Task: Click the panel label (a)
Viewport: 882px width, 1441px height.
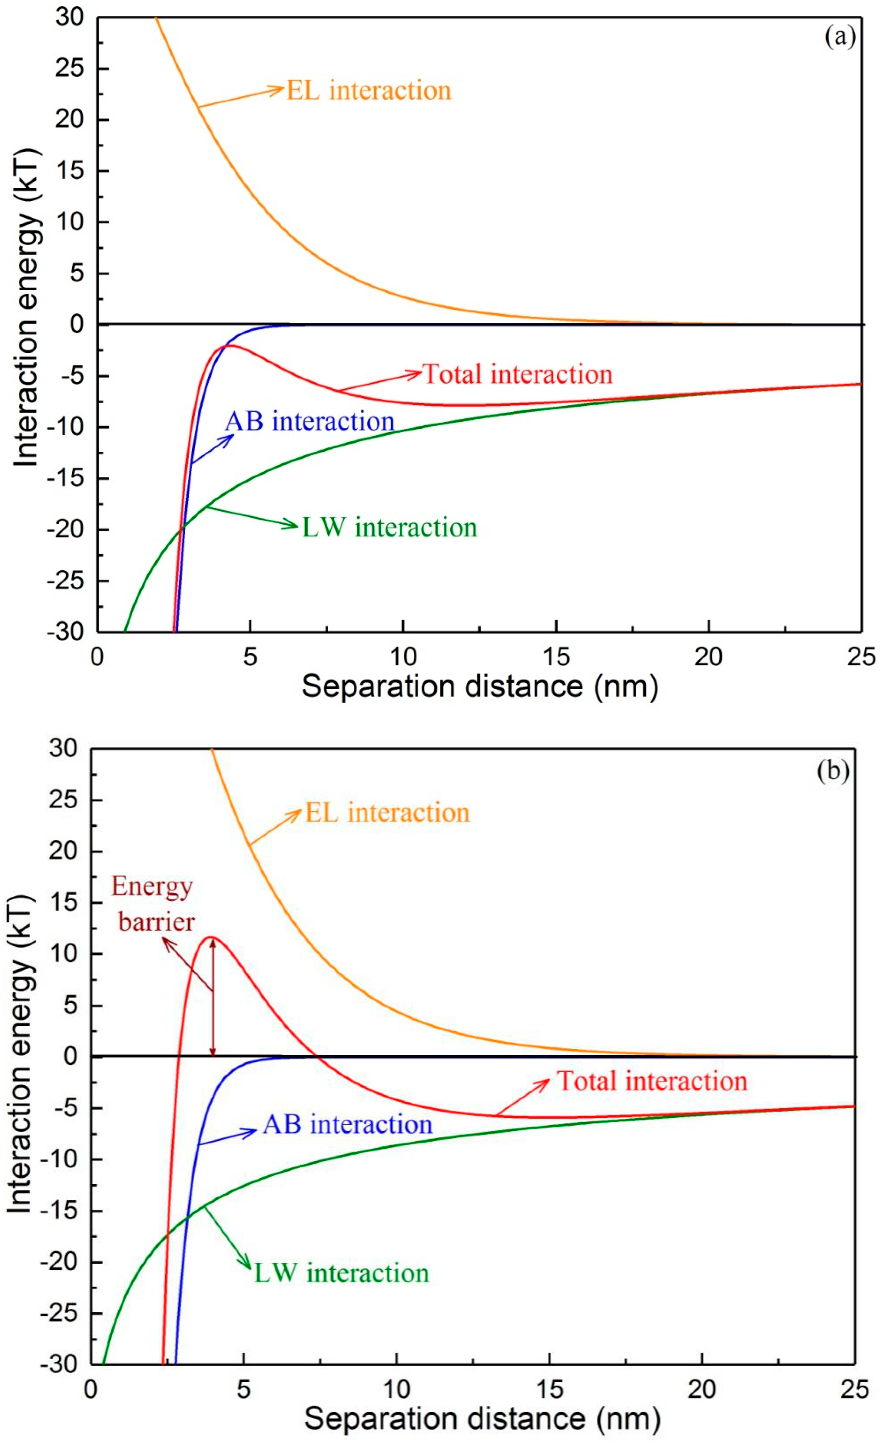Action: coord(839,38)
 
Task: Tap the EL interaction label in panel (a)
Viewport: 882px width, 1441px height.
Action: coord(369,91)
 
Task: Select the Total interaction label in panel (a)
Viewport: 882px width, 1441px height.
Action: coord(517,374)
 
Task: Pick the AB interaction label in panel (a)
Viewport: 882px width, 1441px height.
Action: coord(310,421)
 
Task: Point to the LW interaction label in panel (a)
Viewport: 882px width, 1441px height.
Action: coord(389,527)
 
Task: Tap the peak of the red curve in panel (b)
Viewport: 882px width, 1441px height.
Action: coord(212,937)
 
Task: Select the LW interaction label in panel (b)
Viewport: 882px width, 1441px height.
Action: coord(341,1273)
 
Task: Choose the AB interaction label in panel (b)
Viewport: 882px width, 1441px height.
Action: coord(347,1124)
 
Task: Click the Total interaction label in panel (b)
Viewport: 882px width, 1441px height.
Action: coord(652,1081)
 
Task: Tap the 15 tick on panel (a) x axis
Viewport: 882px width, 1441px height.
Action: coord(556,657)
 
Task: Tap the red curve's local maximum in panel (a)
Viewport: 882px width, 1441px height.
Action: coord(228,346)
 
